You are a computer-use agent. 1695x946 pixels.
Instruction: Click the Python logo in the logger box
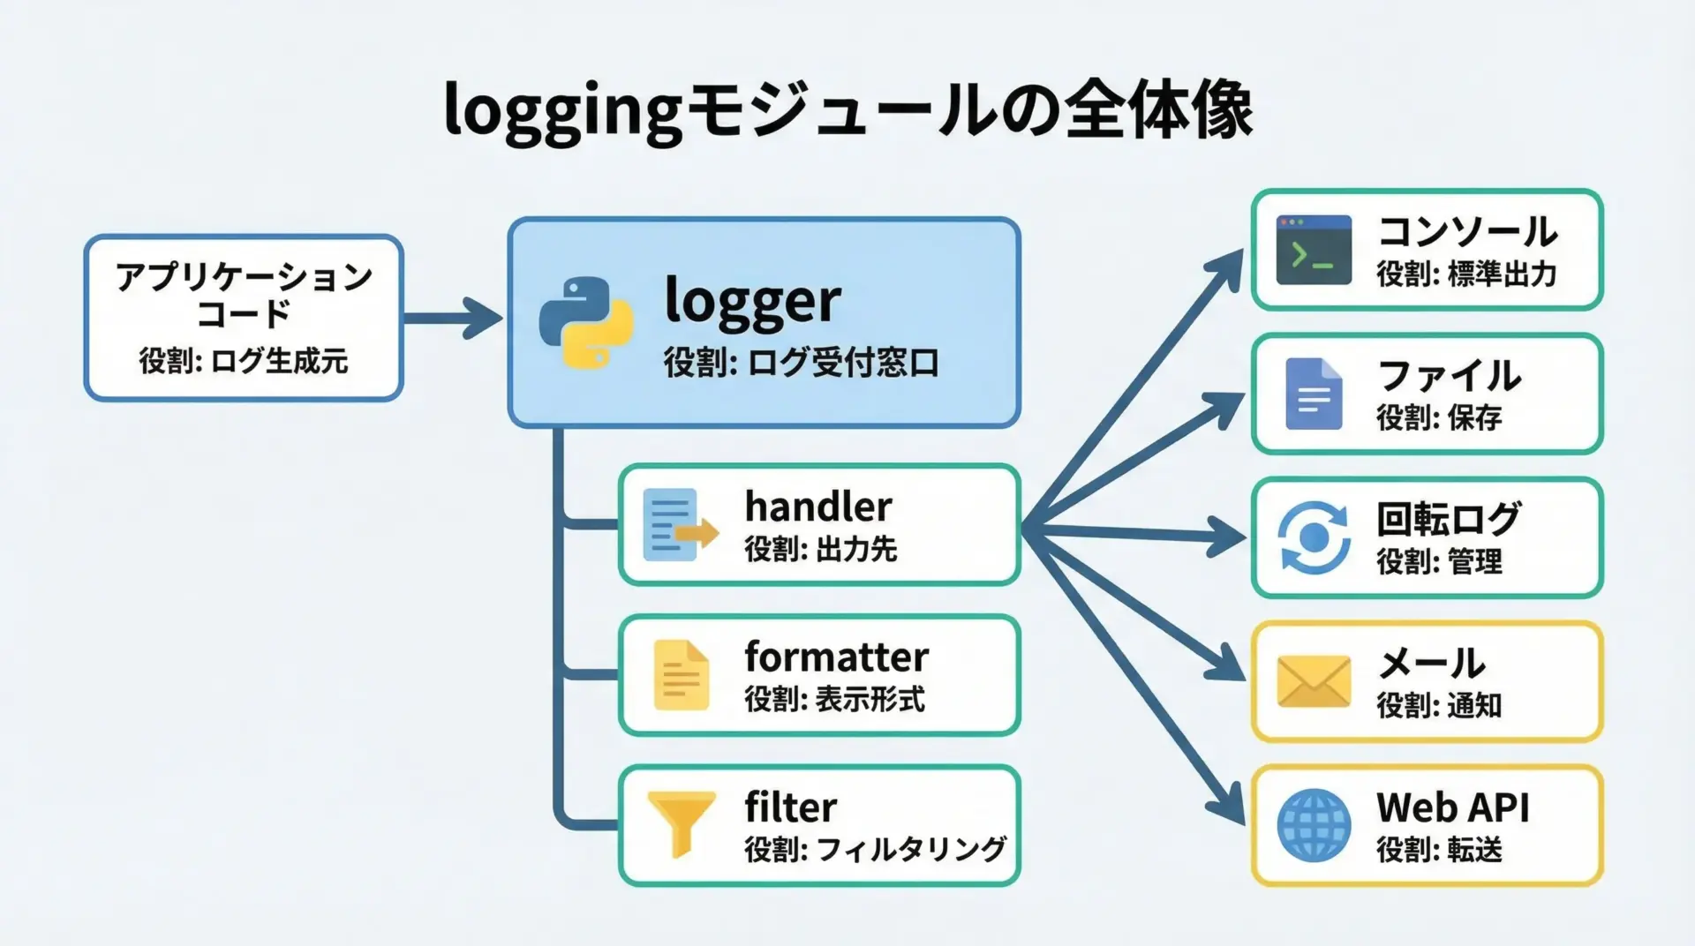point(585,322)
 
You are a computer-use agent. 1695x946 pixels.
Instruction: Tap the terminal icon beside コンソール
point(1314,250)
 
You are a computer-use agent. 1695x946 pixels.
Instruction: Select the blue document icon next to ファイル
point(1314,394)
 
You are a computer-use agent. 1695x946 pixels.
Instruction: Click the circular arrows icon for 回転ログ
point(1314,537)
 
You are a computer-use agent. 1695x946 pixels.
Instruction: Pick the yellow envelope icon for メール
point(1314,681)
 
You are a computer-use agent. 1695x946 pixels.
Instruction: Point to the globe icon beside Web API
point(1314,825)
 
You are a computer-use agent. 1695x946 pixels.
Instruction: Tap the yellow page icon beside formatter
point(681,675)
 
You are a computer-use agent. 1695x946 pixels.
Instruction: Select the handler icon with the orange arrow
point(679,525)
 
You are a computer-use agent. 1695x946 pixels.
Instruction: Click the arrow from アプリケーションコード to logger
point(454,318)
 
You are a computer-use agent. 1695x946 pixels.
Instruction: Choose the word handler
point(817,507)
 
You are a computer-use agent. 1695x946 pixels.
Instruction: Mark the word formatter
point(836,657)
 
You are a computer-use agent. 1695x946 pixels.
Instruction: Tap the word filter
point(790,807)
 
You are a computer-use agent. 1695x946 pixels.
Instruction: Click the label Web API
point(1452,807)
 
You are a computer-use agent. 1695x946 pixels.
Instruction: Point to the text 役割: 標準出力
point(1466,274)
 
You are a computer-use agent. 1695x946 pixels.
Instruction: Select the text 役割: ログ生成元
point(243,361)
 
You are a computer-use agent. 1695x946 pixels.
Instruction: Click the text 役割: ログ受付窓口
point(801,363)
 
